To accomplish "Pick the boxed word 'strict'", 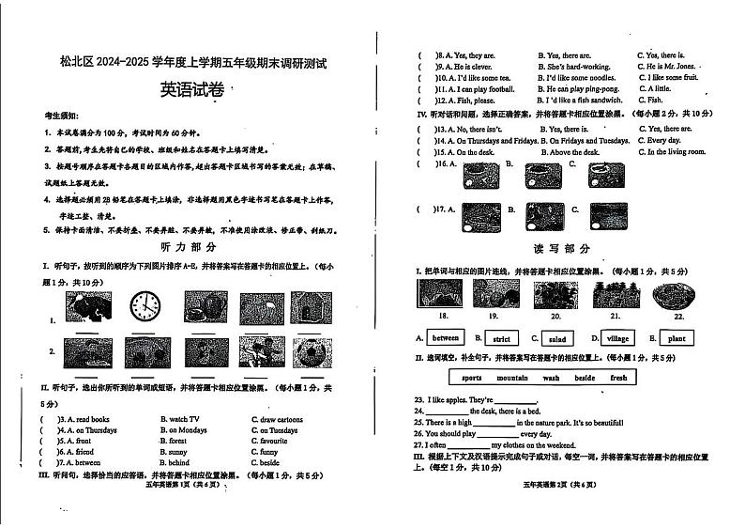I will pos(502,338).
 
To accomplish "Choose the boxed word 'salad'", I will pos(557,338).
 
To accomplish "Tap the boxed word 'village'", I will pos(617,338).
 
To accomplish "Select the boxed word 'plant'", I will pos(676,338).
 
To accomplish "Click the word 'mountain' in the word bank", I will pos(512,378).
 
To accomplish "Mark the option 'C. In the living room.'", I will pos(671,151).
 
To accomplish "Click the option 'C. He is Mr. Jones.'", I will pos(666,67).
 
